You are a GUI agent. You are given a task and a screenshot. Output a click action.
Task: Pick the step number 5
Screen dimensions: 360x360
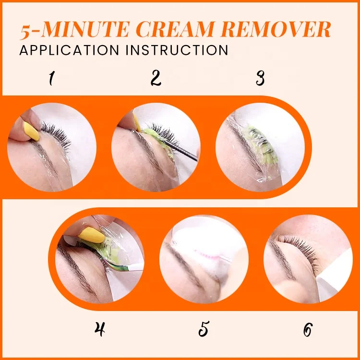(204, 329)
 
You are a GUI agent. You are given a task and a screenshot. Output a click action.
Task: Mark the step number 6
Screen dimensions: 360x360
(308, 329)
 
